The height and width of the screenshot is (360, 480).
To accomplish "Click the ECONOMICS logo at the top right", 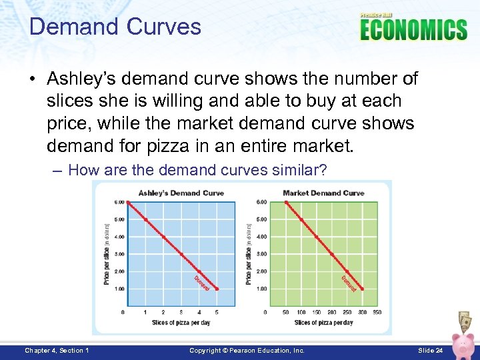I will click(x=413, y=29).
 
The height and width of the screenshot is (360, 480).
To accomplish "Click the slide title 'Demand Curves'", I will click(x=115, y=27).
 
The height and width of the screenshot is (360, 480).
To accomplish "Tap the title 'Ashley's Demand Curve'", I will click(x=181, y=193).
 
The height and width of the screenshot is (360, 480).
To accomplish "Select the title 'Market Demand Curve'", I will click(x=323, y=193).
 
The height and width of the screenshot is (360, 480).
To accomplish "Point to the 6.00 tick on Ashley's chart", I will click(x=119, y=202).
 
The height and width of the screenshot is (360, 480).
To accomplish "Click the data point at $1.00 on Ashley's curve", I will click(x=217, y=289).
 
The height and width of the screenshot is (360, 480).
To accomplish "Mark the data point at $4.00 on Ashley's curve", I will click(x=163, y=237).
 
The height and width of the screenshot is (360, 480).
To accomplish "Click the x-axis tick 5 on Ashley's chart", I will click(x=217, y=312).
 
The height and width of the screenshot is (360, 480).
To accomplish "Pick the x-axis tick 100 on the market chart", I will click(x=301, y=312).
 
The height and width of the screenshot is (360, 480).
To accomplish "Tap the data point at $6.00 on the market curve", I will click(x=287, y=202).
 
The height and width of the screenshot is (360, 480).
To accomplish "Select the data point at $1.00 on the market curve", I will click(x=362, y=289).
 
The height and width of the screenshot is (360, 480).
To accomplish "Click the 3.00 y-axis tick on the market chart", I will click(x=261, y=254).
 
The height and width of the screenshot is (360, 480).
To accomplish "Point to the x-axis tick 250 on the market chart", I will click(x=347, y=312).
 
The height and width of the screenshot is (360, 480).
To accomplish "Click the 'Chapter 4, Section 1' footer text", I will click(x=57, y=351).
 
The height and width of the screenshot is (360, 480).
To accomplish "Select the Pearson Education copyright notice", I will click(x=247, y=351).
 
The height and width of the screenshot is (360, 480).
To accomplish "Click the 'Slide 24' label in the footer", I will click(x=430, y=351).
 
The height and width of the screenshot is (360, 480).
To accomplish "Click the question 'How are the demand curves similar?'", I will click(x=197, y=170).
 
